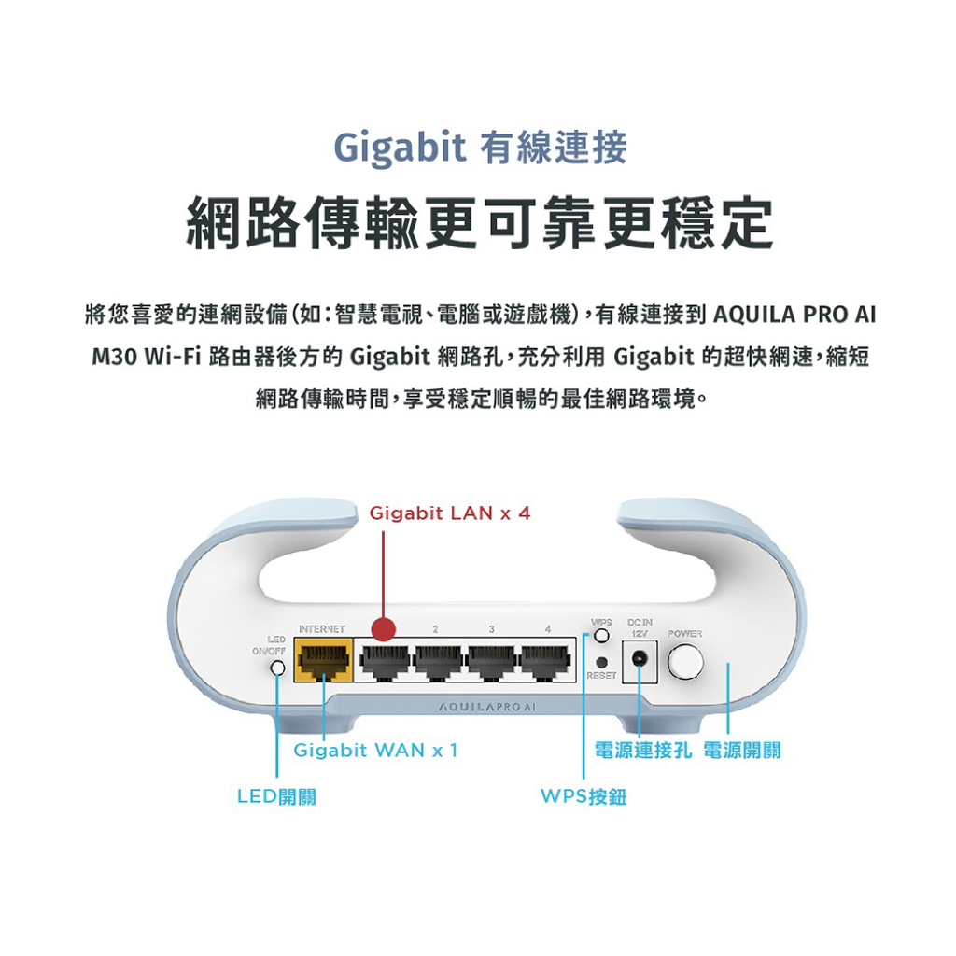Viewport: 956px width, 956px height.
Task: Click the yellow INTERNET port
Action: click(x=324, y=660)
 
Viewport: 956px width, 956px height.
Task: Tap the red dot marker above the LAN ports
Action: click(x=383, y=628)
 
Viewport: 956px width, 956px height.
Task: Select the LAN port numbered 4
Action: click(x=546, y=662)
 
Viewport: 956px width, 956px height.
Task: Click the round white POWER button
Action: click(x=685, y=661)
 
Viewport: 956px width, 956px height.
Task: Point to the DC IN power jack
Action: click(x=640, y=659)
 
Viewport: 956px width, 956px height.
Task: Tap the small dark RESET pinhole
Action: click(x=601, y=662)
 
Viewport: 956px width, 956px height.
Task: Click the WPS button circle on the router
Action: click(x=601, y=636)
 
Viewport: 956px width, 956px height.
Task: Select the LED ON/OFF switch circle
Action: click(x=277, y=668)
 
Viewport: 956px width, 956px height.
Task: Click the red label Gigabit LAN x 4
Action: click(x=450, y=513)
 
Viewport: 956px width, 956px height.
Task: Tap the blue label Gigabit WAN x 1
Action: click(x=375, y=750)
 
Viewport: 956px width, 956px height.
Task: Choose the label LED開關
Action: click(x=276, y=796)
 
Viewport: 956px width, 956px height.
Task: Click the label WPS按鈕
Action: click(x=583, y=796)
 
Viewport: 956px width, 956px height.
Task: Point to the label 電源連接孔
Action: click(x=643, y=750)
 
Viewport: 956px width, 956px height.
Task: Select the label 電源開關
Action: click(x=742, y=750)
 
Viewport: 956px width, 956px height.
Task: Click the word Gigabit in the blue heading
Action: click(x=400, y=148)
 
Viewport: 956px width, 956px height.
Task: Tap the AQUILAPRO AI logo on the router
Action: click(x=486, y=707)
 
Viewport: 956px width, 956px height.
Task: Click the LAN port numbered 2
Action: click(x=439, y=662)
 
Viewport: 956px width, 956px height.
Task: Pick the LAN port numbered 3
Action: click(x=493, y=662)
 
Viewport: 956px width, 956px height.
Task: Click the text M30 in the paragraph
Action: click(x=114, y=357)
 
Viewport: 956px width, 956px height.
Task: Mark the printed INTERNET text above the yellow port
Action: click(x=322, y=629)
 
